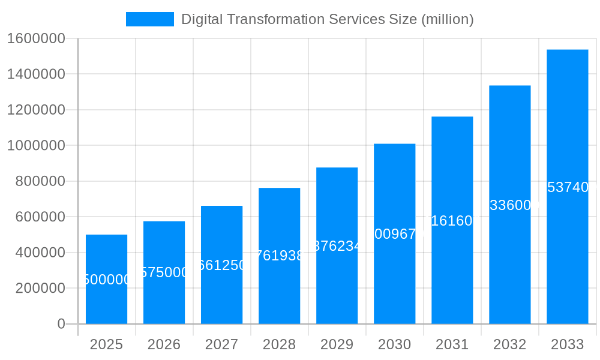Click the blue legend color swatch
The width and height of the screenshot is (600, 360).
[x=149, y=19]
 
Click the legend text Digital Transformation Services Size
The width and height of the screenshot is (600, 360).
[x=327, y=19]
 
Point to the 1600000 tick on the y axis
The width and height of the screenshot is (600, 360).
[x=35, y=38]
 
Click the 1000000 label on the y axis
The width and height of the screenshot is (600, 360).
[x=35, y=146]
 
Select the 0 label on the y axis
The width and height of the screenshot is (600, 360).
[x=61, y=324]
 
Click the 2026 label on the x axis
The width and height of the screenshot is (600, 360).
[x=164, y=344]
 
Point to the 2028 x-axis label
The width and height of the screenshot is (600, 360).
[x=279, y=344]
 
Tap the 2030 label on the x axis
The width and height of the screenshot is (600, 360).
[x=394, y=344]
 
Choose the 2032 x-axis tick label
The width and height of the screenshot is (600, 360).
[x=509, y=344]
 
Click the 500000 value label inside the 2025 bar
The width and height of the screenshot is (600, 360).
[x=106, y=280]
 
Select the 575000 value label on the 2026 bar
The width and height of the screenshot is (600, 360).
[x=164, y=272]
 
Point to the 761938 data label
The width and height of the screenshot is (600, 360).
[x=279, y=256]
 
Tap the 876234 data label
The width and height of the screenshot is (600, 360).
[x=337, y=246]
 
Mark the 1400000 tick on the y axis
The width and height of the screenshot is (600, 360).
[x=35, y=74]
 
